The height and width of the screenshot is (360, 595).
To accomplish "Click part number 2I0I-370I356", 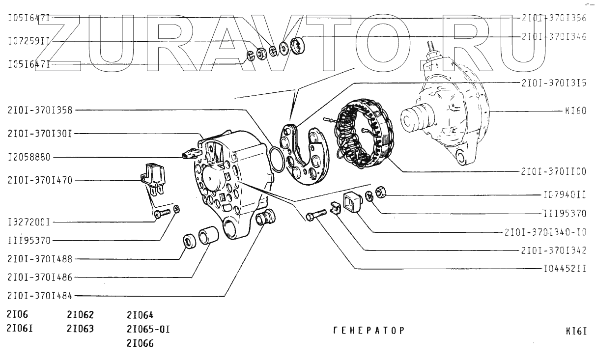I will coord(554,18).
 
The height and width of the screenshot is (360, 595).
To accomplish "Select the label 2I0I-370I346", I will coord(554,37).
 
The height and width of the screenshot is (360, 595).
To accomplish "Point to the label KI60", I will coord(575,111).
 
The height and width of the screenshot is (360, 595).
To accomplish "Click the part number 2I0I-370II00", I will coord(554,172).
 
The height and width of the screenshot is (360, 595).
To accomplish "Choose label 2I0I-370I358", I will coord(40,110).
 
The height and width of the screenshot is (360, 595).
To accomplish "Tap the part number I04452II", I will coord(565,269).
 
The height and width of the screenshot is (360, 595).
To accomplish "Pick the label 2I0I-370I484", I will coord(40,296).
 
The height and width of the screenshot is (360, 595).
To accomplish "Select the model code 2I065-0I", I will coord(148,329).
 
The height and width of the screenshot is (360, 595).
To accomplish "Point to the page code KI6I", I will coord(576,331).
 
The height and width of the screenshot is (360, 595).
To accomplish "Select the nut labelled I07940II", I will coord(380,192).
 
